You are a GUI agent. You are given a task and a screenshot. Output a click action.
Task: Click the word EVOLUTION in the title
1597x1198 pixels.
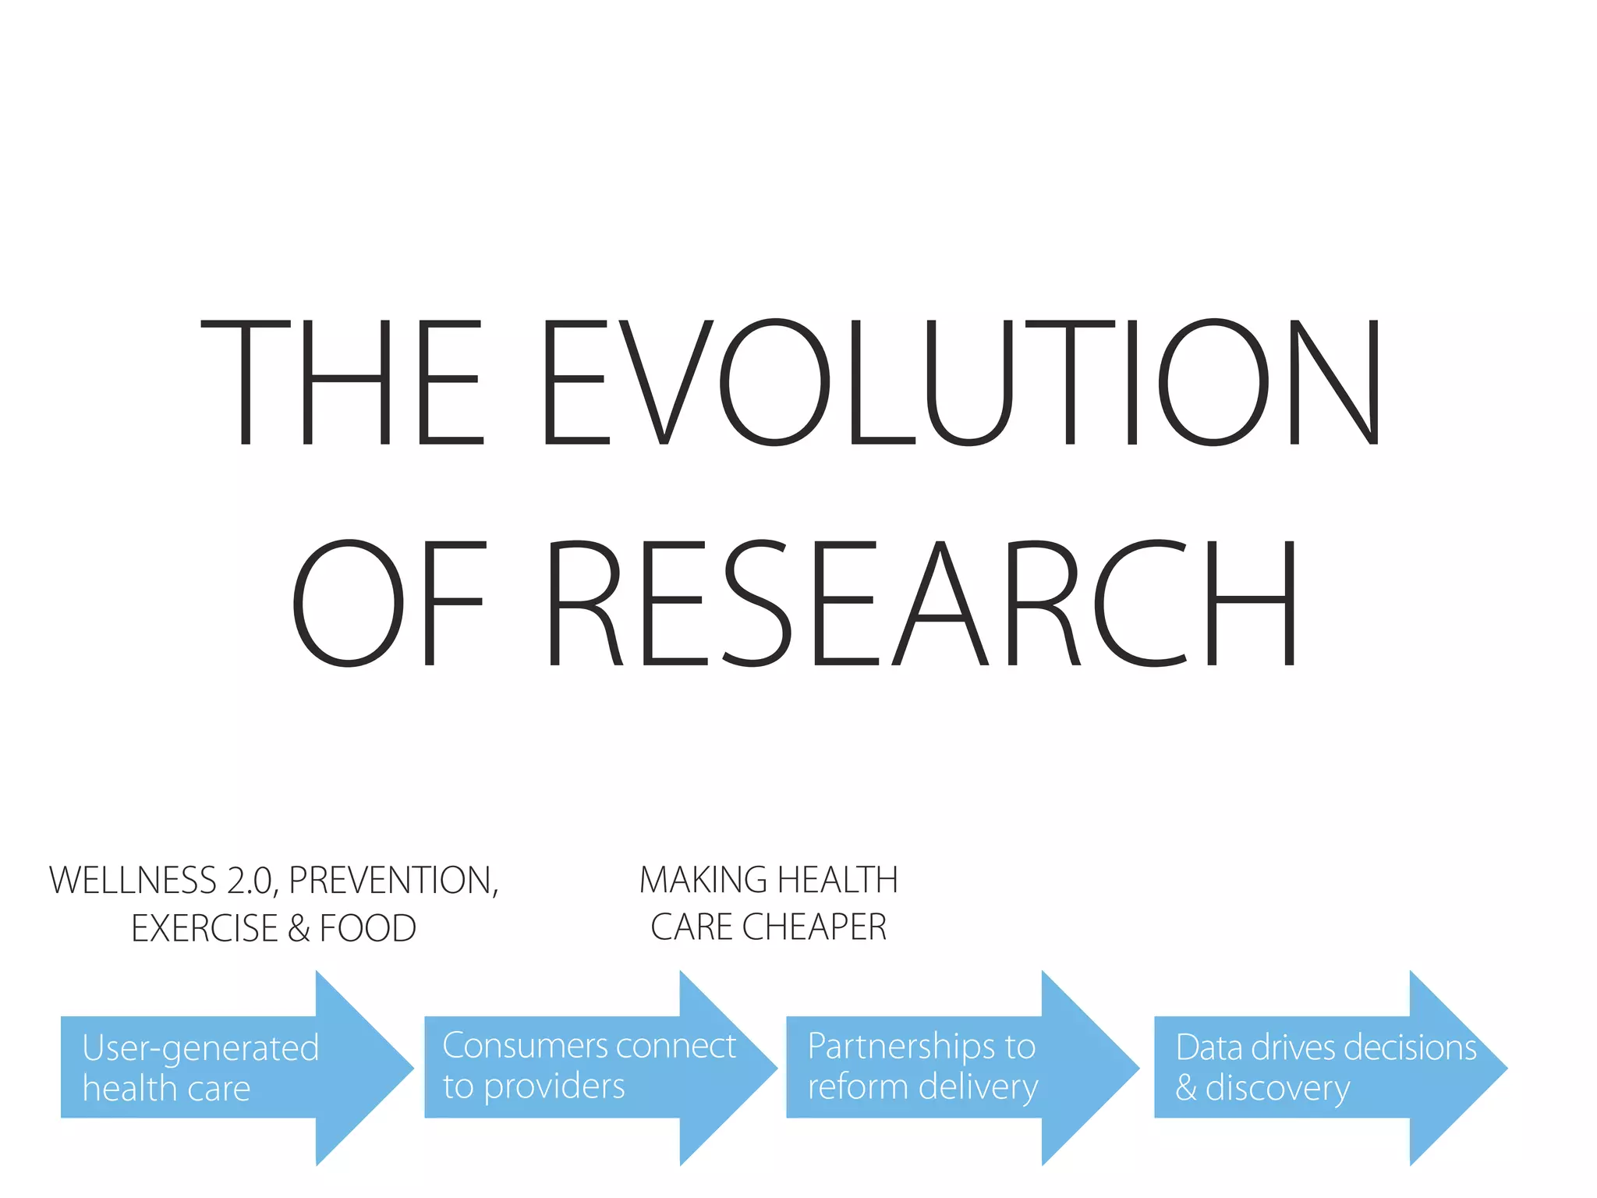[961, 382]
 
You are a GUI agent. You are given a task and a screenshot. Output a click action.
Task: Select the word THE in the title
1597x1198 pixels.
[343, 382]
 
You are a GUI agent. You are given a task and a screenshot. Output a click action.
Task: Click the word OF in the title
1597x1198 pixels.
[388, 604]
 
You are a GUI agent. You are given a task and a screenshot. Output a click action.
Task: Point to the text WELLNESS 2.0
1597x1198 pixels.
[161, 881]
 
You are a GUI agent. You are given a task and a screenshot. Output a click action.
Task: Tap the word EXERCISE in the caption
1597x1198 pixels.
[204, 928]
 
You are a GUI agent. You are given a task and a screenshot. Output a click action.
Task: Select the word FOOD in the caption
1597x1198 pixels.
[367, 928]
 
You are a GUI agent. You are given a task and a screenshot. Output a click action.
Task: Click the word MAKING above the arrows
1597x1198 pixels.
[703, 880]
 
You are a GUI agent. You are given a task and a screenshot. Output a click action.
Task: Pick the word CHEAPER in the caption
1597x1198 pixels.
[814, 927]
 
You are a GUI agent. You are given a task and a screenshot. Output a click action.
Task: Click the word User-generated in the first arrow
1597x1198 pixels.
[200, 1049]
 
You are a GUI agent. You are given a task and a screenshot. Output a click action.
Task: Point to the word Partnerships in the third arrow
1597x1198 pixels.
[900, 1047]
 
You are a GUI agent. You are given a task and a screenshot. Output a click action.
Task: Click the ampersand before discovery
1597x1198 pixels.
[1186, 1088]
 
